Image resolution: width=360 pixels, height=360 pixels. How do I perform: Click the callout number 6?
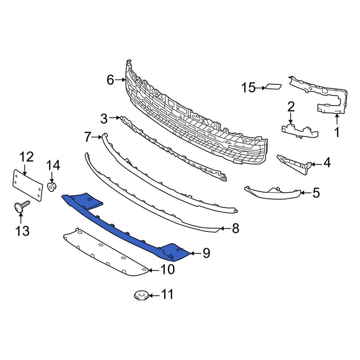110,80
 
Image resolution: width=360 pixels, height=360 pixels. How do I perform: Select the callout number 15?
248,87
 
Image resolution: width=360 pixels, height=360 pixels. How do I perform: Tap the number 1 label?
337,132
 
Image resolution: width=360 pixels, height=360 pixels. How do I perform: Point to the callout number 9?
206,253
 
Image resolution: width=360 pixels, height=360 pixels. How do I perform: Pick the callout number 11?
167,295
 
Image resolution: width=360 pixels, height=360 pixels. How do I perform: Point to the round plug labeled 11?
141,296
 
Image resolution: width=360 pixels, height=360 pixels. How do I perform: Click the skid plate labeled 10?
104,254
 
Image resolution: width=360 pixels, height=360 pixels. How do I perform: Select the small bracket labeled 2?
299,130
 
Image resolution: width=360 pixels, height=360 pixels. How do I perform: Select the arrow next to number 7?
98,137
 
